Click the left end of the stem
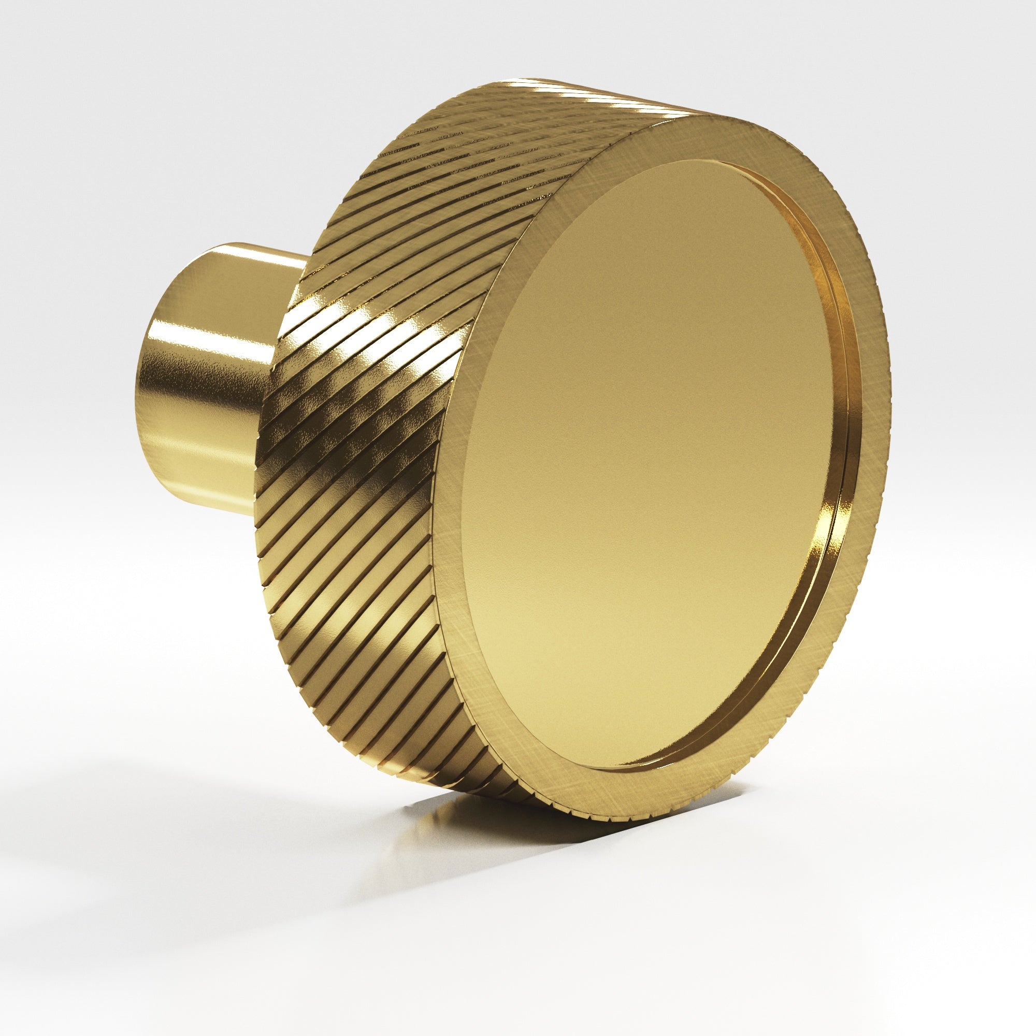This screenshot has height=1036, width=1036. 148,386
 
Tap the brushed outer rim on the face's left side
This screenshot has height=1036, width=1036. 451,483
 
